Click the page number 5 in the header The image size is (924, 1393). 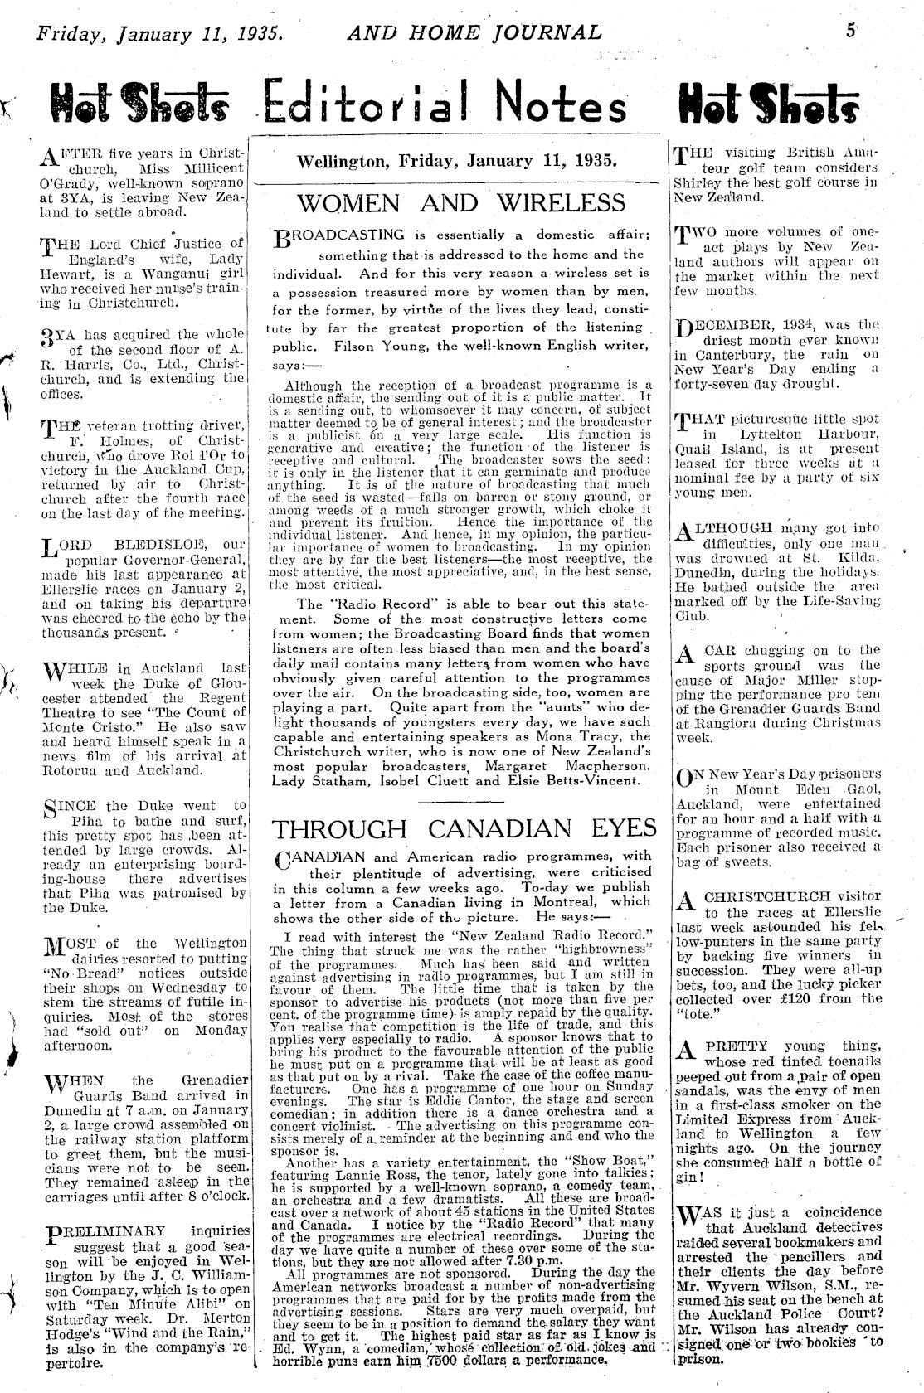pyautogui.click(x=850, y=32)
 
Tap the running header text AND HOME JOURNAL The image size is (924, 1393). pyautogui.click(x=474, y=32)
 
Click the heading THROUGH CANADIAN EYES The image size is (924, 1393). pyautogui.click(x=464, y=828)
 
